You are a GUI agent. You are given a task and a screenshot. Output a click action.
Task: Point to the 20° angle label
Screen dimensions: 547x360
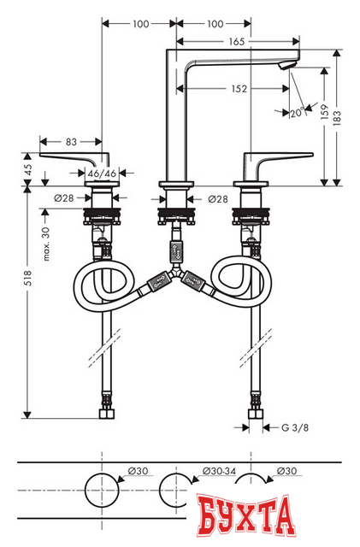(297, 112)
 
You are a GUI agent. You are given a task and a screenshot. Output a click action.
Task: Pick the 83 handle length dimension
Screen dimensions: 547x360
(71, 141)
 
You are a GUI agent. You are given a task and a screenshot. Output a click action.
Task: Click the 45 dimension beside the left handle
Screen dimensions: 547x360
(27, 168)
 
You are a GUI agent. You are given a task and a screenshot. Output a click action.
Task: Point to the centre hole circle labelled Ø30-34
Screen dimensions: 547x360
(176, 490)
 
